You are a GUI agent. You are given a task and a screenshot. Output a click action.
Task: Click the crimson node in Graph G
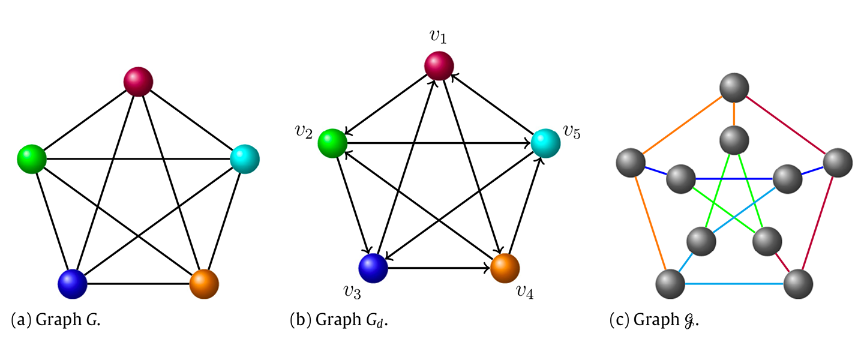click(x=139, y=82)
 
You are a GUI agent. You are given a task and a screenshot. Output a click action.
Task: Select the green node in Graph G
click(x=32, y=160)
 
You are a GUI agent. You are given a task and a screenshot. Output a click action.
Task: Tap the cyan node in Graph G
click(x=245, y=160)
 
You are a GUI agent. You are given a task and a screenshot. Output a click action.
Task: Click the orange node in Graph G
click(x=204, y=283)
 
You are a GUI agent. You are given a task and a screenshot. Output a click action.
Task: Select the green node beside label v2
click(x=333, y=144)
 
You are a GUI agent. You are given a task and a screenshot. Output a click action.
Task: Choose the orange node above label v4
click(x=505, y=268)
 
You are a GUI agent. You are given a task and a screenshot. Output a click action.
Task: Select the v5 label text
click(x=571, y=131)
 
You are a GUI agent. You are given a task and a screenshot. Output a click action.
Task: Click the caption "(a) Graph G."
click(x=56, y=320)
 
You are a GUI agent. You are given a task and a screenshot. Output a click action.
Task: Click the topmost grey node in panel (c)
click(x=734, y=88)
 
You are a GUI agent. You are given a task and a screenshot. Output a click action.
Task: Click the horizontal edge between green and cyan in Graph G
click(x=139, y=160)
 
